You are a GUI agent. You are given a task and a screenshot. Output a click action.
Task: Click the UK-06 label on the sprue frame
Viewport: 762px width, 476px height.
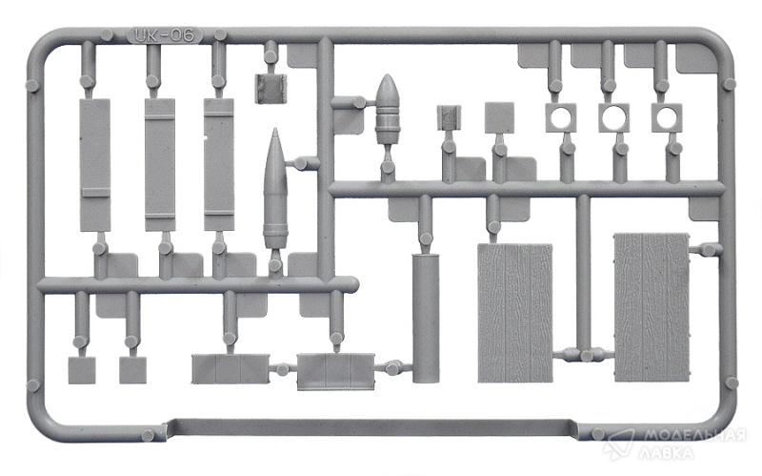pos(164,35)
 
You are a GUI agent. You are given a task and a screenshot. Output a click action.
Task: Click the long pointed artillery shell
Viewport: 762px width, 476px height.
pos(275,189)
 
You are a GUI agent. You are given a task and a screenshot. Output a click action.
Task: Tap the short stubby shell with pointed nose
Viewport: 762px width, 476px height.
pos(388,109)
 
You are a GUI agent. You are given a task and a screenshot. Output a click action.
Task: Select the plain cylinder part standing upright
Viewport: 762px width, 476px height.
pos(426,318)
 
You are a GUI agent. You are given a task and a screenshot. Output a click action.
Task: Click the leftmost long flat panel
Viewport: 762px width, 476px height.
pos(94,165)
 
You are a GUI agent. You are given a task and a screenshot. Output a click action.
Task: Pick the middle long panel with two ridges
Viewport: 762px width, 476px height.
pos(160,165)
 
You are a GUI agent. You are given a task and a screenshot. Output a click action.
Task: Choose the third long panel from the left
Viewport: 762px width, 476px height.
pos(219,164)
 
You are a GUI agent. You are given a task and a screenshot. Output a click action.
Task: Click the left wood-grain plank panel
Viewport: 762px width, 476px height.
pos(515,313)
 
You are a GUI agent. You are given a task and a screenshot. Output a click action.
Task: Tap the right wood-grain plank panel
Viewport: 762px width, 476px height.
pos(652,307)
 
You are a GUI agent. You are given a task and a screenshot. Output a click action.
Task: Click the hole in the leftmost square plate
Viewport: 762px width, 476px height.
pos(561,116)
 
